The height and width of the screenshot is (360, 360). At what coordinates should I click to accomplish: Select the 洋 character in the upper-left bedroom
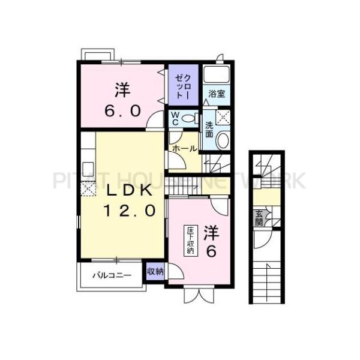[122, 92]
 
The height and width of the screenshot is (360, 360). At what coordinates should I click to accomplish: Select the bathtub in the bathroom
[217, 75]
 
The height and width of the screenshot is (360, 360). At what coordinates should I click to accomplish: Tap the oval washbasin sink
[222, 140]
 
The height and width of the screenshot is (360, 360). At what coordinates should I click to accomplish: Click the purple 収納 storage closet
[155, 271]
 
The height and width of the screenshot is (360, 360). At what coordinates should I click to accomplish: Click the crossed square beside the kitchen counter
[88, 189]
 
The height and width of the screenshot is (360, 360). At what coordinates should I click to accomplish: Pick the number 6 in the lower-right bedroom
[211, 251]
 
